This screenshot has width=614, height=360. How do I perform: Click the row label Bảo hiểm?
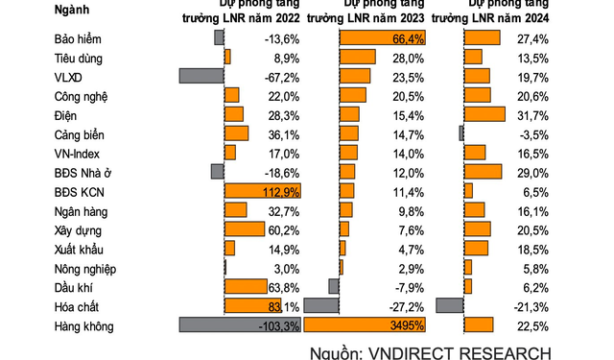pos(78,38)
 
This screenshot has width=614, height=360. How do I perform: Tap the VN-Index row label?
pos(77,154)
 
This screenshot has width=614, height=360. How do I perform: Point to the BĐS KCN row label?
pos(80,192)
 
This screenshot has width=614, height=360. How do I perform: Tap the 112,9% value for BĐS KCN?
pos(281,192)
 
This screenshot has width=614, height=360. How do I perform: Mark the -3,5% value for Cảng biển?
pos(532,134)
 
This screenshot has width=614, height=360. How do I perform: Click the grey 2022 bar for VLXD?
pos(201,77)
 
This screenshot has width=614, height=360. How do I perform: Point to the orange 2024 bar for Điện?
pos(484,115)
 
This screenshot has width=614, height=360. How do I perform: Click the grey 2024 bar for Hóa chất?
pos(450,305)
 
